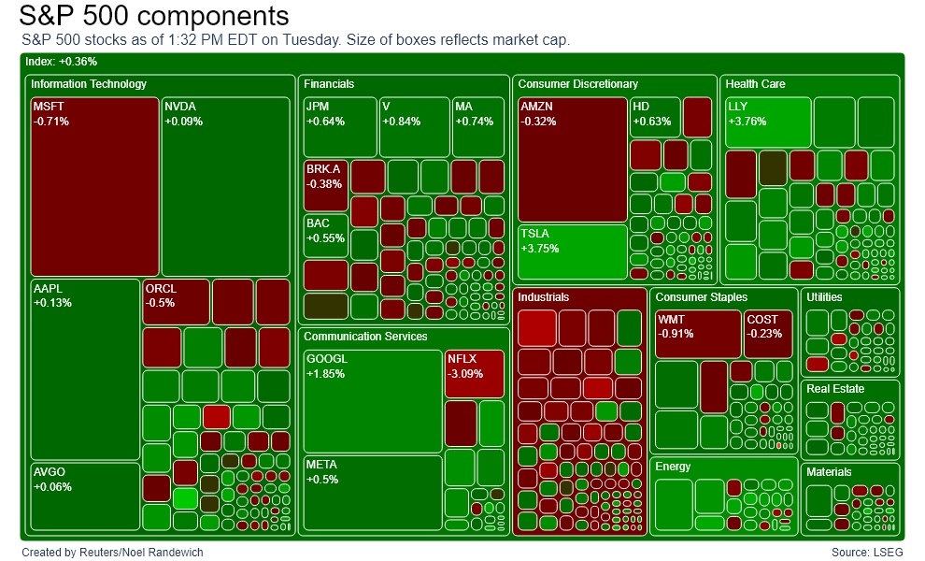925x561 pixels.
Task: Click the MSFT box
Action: [x=94, y=185]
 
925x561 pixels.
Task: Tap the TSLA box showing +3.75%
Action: [x=572, y=252]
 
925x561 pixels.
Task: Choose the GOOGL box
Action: [x=372, y=400]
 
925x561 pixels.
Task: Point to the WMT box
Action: [x=697, y=334]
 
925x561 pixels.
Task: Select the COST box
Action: [x=767, y=334]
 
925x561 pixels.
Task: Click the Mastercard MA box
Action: [x=477, y=126]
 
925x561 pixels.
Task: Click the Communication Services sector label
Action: [x=365, y=337]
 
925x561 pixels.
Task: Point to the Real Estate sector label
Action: [x=835, y=389]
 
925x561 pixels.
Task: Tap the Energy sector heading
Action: [x=673, y=467]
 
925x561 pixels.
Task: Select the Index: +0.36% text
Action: [x=61, y=62]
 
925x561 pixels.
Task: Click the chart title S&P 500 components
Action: [x=153, y=16]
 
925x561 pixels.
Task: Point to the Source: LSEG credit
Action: [x=867, y=553]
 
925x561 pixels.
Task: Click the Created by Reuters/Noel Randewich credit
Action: [x=112, y=553]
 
